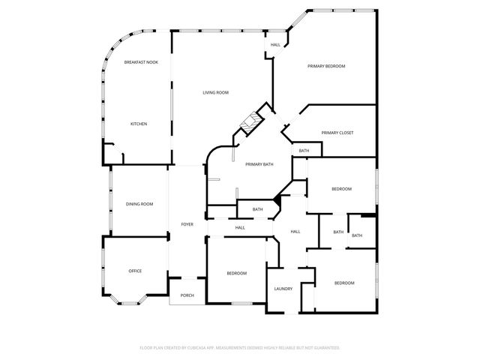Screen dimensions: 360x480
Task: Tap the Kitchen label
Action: click(138, 124)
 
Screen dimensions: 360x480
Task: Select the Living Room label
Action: click(215, 92)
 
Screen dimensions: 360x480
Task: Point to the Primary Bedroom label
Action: click(326, 67)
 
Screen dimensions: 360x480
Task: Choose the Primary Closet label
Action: click(337, 133)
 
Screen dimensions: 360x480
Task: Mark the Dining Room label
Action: click(139, 204)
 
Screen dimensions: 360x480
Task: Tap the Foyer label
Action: click(187, 224)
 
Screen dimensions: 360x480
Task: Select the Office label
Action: click(135, 271)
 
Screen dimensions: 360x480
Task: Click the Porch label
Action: click(187, 295)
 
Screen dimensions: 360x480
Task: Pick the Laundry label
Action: click(283, 289)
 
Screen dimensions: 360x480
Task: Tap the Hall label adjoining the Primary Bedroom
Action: click(275, 45)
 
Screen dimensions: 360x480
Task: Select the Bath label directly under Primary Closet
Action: click(304, 151)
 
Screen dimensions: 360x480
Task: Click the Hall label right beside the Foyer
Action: click(240, 227)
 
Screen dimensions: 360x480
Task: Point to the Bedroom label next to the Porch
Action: click(236, 273)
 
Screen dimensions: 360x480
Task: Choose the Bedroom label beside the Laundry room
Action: click(344, 283)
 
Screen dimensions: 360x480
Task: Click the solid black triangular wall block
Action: click(277, 198)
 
